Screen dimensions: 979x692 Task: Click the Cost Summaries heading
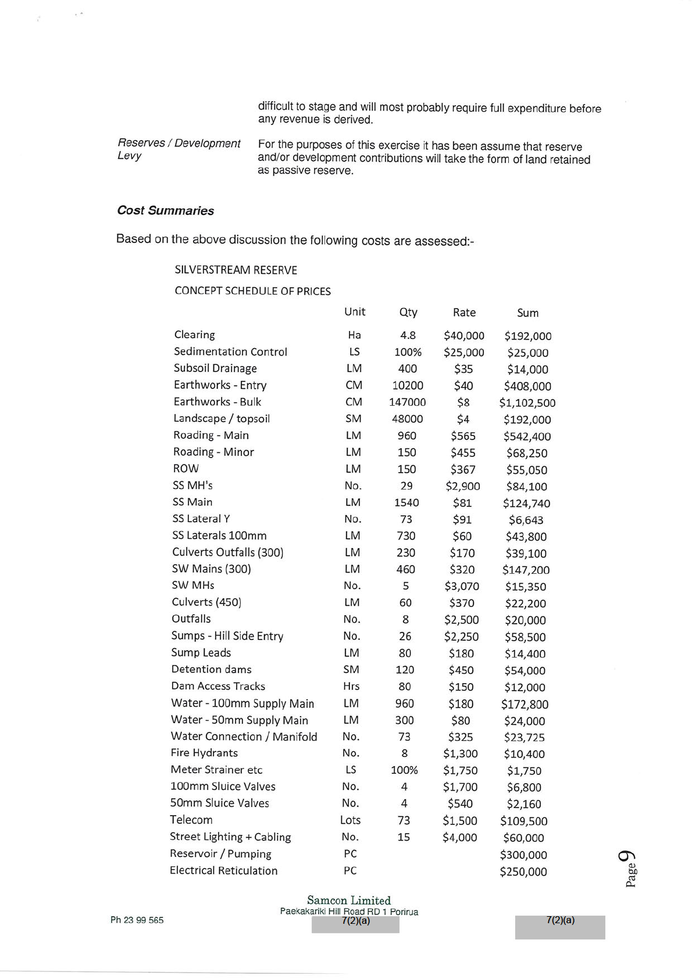165,210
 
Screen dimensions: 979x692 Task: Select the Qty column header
408,312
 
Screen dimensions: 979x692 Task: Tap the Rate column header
464,312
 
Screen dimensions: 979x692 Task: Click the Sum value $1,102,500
527,403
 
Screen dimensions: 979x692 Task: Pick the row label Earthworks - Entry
220,385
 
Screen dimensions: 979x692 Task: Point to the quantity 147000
407,402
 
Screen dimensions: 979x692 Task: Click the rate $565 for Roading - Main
463,436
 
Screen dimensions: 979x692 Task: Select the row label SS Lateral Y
201,519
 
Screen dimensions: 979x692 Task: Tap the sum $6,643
526,520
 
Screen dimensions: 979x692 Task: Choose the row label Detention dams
211,669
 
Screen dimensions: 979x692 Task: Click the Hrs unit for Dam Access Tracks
351,687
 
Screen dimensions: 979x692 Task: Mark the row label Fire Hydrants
204,753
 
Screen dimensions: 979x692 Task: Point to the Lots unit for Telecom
350,820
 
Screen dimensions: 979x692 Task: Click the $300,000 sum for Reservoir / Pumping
523,855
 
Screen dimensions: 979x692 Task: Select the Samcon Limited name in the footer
349,901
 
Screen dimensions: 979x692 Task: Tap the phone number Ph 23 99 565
137,920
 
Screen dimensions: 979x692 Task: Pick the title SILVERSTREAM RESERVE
236,270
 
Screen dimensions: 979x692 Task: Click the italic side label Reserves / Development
179,144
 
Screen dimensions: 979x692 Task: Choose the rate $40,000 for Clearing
463,336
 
